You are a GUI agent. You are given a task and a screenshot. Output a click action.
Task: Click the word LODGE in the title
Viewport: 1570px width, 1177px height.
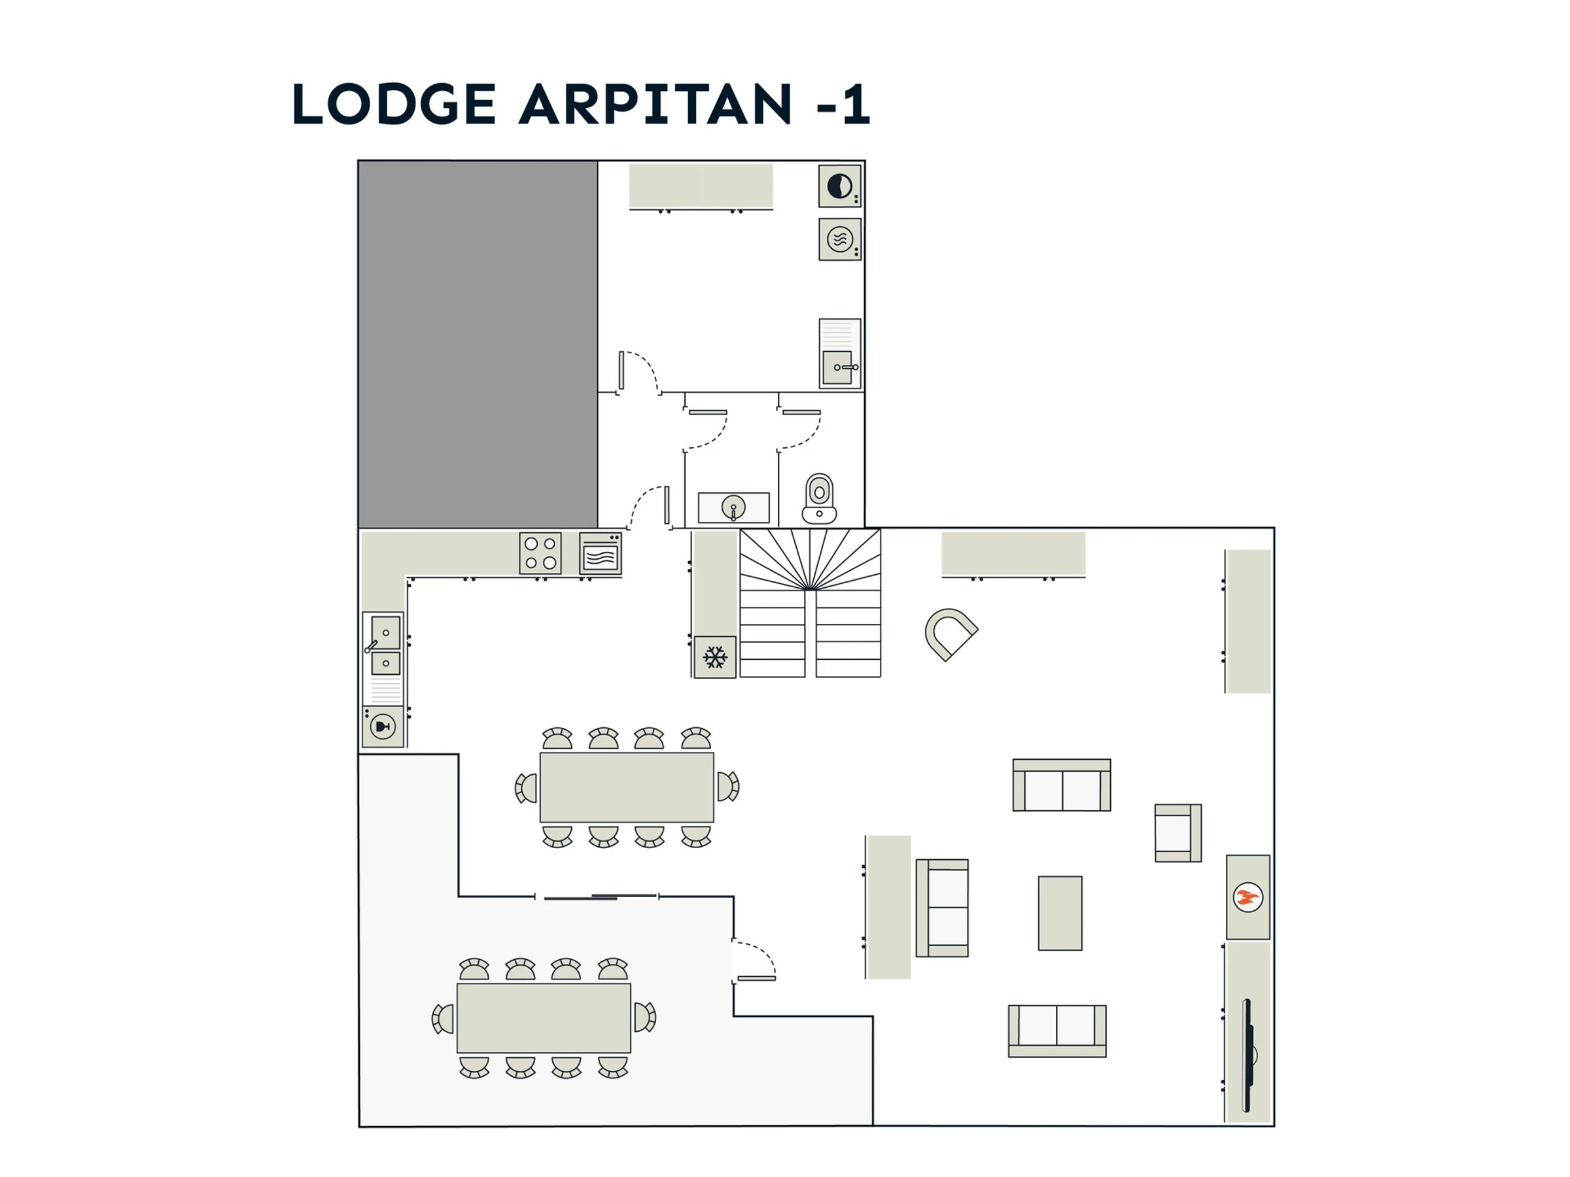(x=394, y=104)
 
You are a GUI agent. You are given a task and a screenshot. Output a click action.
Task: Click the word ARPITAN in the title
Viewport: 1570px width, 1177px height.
(x=655, y=104)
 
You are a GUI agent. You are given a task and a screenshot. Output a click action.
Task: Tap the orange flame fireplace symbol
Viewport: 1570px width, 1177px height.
(x=1247, y=898)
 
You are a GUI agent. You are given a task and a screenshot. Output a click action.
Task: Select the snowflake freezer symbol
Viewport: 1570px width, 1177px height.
(x=715, y=657)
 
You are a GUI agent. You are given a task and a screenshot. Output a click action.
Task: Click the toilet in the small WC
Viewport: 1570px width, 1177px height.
(x=819, y=499)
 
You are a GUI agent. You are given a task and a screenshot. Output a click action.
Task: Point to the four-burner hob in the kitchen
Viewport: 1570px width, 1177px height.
(x=540, y=553)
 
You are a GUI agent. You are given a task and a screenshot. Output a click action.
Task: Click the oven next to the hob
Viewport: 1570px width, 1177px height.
(x=601, y=553)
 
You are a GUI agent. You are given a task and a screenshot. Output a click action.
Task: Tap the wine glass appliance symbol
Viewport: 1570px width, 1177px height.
(x=383, y=726)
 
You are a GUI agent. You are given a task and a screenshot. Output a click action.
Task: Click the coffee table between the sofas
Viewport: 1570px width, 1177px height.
(x=1060, y=913)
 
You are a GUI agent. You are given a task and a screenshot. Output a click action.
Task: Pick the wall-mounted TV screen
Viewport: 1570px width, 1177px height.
(x=1246, y=1055)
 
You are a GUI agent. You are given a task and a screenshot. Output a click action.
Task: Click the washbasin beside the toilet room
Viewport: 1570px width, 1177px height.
(x=733, y=508)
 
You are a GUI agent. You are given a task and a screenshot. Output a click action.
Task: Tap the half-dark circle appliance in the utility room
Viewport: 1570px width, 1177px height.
(x=840, y=186)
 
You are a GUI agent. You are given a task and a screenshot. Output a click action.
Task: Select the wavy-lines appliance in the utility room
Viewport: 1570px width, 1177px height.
(x=840, y=239)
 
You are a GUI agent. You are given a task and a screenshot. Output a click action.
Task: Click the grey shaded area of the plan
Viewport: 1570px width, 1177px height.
(x=478, y=344)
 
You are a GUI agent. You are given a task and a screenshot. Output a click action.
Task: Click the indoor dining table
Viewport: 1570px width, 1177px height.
(x=627, y=787)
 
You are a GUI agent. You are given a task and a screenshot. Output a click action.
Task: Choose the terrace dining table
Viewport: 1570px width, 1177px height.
(x=544, y=1018)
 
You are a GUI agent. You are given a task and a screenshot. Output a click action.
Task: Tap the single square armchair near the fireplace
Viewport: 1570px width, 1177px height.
(x=1177, y=833)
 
